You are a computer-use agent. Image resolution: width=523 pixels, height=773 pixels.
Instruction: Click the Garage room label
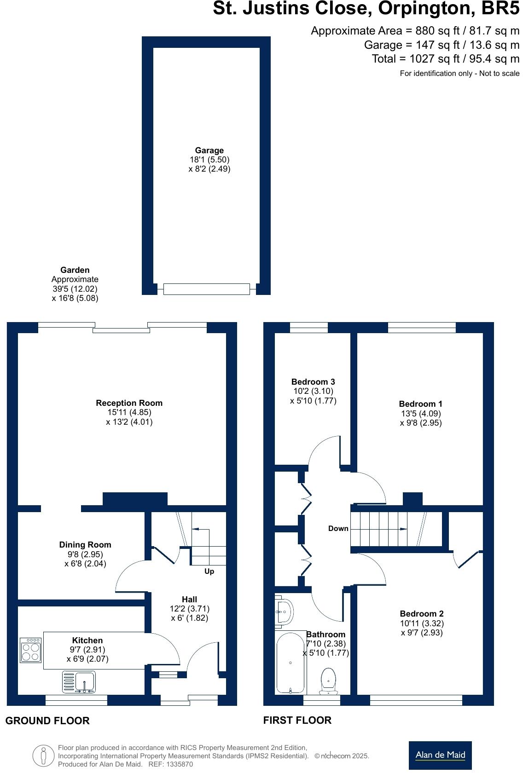[x=209, y=150]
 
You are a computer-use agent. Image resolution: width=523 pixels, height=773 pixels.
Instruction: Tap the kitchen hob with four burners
[x=31, y=650]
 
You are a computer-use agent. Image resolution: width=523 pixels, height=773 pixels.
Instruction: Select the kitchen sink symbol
[x=79, y=682]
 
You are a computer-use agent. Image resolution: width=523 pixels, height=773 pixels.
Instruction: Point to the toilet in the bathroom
[x=328, y=681]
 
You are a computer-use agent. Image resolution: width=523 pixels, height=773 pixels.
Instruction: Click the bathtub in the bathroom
[x=291, y=663]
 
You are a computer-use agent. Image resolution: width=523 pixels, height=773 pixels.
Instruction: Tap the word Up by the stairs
[x=209, y=571]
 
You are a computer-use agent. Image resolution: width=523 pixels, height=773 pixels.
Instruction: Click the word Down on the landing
[x=338, y=528]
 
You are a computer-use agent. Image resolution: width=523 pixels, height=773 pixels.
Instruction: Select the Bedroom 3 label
[x=313, y=382]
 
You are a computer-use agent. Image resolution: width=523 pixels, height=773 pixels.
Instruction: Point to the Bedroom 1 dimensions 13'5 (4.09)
[x=421, y=413]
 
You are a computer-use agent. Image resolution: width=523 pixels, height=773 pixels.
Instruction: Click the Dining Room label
[x=85, y=545]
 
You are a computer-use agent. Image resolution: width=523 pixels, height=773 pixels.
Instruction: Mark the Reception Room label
[x=129, y=403]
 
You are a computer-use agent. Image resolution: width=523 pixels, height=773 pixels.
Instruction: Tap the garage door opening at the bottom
[x=206, y=289]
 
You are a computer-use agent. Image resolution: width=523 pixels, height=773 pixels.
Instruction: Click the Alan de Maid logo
[x=440, y=755]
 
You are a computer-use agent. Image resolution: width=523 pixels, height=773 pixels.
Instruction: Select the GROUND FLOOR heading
[x=47, y=721]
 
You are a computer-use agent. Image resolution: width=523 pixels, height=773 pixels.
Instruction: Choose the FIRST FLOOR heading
[x=297, y=721]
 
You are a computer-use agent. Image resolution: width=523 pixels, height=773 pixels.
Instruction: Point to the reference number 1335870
[x=177, y=764]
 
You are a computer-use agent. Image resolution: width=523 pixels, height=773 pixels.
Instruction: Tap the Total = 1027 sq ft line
[x=445, y=59]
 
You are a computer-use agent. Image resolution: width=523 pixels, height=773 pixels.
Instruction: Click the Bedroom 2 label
[x=422, y=614]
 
